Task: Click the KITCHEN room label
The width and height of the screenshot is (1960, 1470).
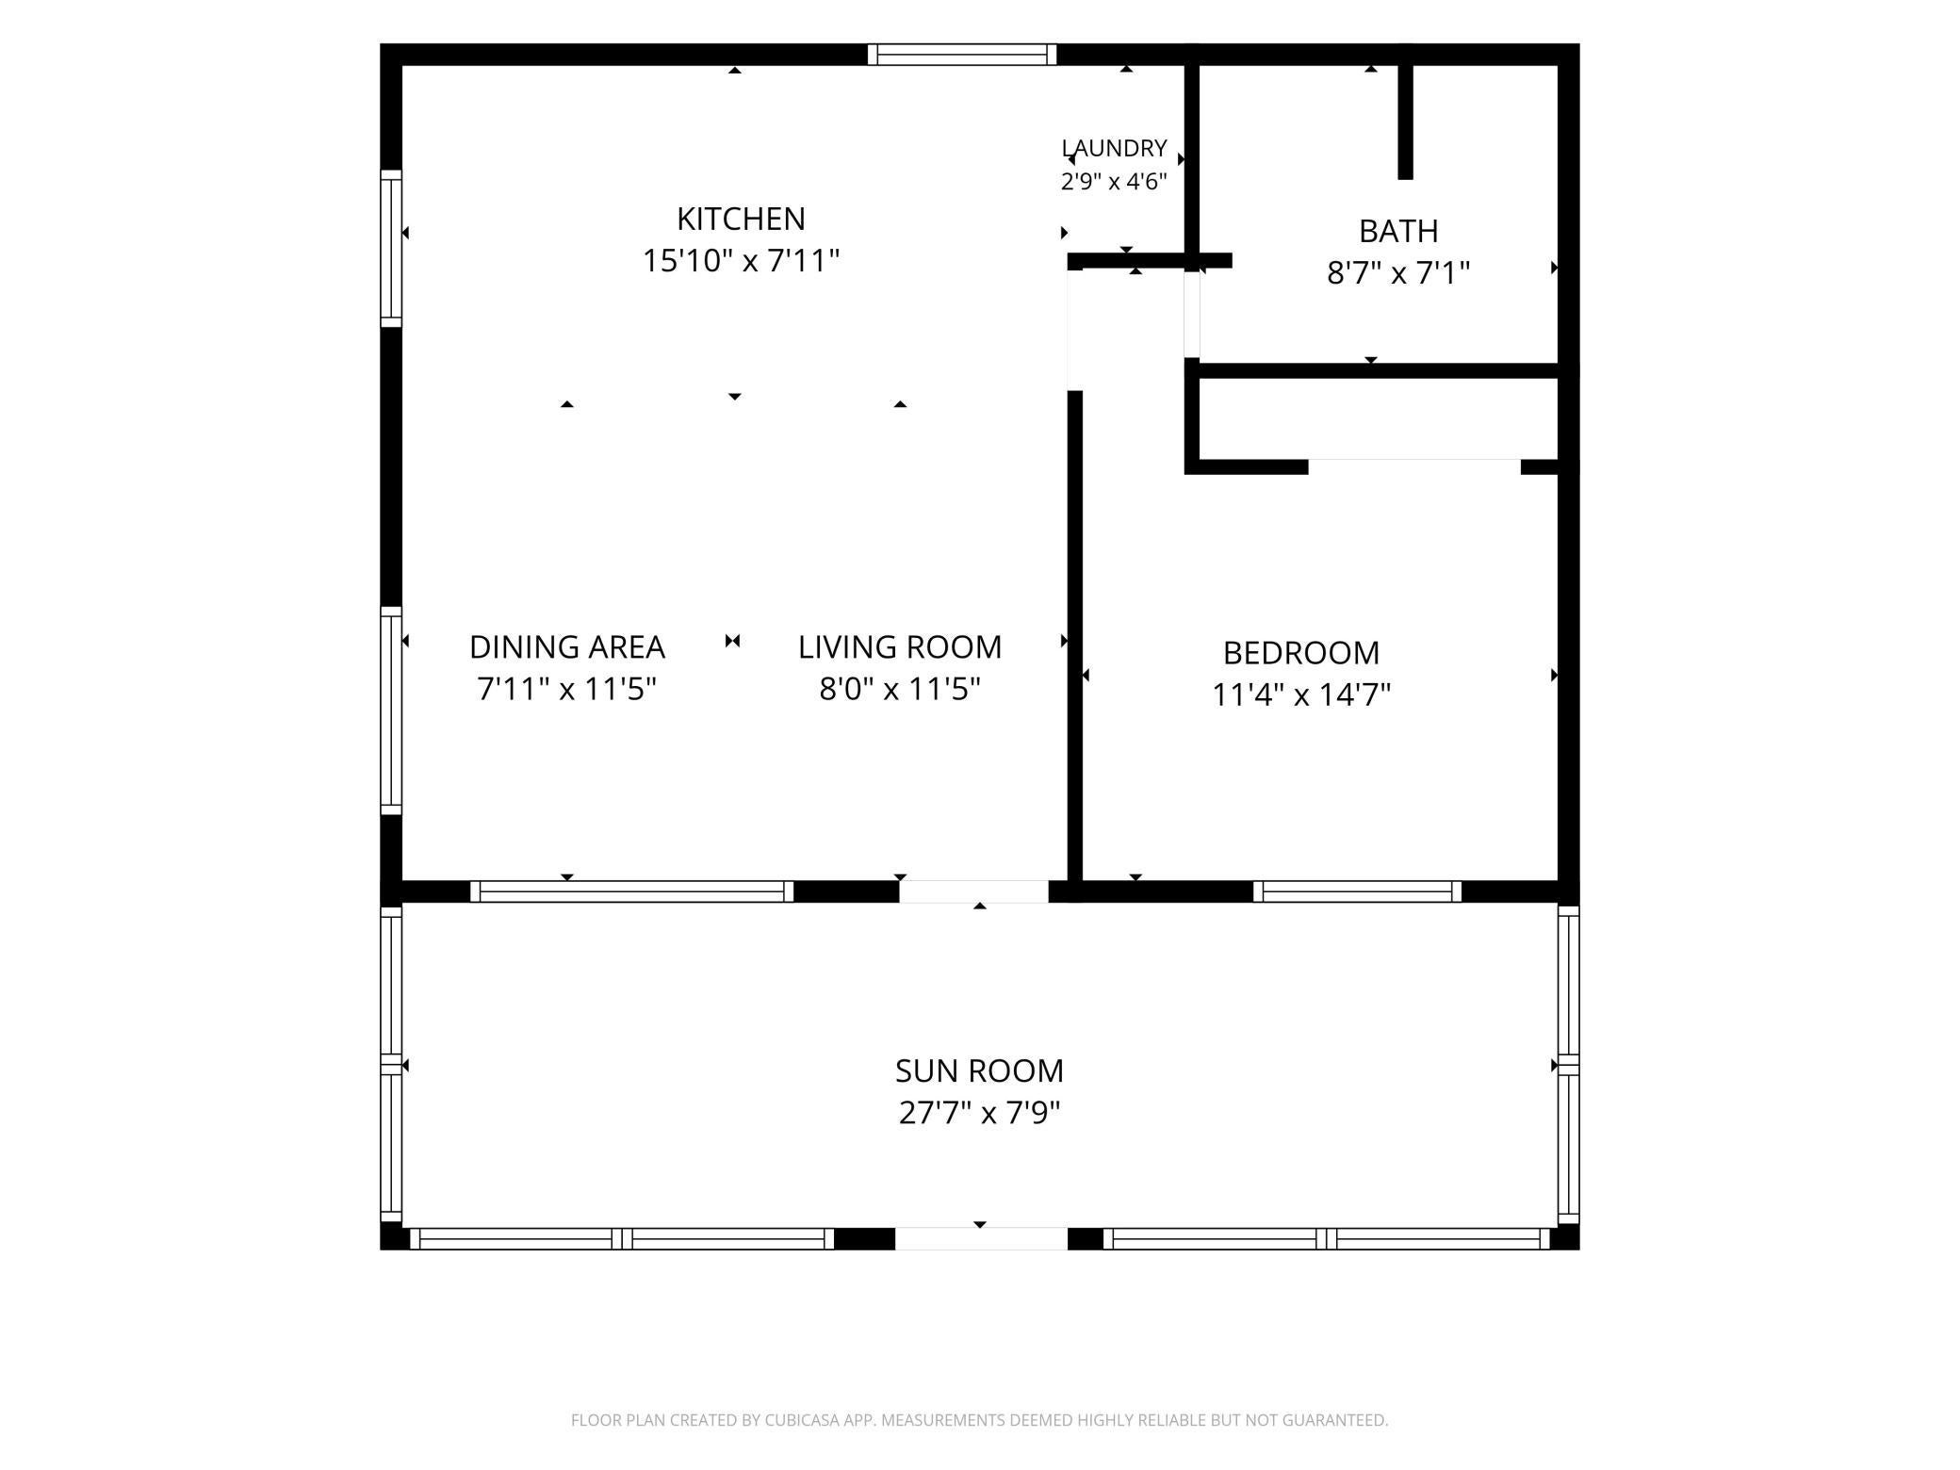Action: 741,219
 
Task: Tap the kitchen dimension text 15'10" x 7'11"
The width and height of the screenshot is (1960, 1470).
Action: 741,260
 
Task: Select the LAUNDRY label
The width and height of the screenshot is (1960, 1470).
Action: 1115,148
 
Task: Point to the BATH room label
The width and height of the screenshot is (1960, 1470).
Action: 1398,231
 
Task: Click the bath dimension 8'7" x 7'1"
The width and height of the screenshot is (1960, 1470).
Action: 1398,273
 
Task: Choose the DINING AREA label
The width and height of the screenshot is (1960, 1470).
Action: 567,647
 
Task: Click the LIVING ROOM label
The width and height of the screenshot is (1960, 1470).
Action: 900,647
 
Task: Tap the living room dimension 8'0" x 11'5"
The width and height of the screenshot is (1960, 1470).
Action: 900,690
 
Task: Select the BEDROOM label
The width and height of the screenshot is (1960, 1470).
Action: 1301,653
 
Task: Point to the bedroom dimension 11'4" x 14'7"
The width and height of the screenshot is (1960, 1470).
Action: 1301,695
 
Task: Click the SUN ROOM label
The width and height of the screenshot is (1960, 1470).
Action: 980,1071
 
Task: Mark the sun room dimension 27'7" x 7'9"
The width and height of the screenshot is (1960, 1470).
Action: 980,1114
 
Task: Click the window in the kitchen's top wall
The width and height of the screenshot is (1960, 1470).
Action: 962,55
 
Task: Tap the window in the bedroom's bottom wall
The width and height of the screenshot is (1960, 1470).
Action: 1357,891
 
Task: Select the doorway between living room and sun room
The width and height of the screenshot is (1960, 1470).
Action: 973,891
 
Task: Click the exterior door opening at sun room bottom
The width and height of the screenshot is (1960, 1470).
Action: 981,1238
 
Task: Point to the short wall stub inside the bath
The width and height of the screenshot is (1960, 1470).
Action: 1405,121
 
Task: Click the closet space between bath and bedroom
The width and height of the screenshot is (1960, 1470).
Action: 1377,418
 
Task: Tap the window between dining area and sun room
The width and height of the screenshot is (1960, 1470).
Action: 631,891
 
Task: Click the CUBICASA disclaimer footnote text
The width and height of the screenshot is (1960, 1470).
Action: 980,1420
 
